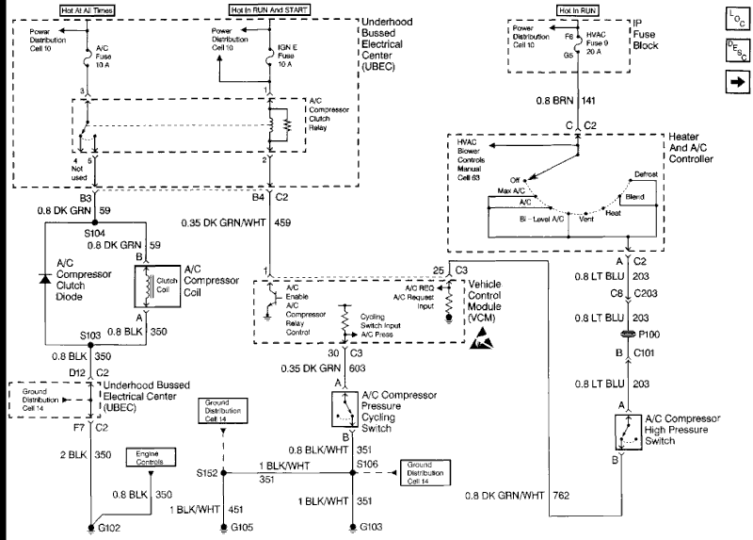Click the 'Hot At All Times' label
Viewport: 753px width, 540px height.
click(x=88, y=10)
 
